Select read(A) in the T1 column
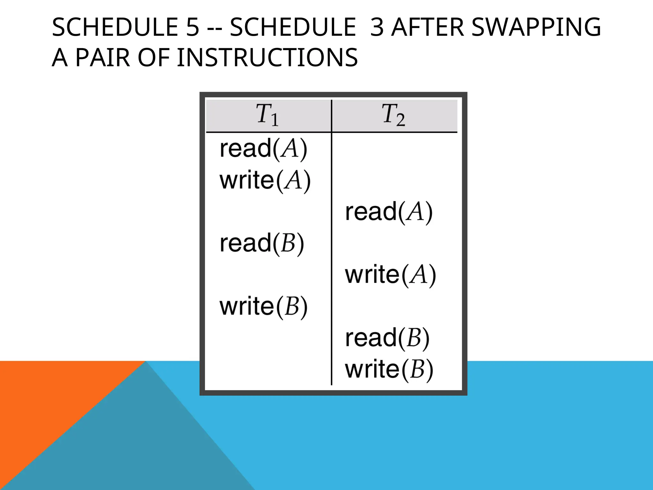click(x=263, y=149)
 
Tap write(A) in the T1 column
click(x=265, y=181)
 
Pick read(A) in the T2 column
click(x=389, y=212)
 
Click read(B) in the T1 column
click(x=262, y=243)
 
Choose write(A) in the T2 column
click(x=390, y=275)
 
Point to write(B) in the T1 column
click(x=263, y=307)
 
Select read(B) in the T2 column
click(x=387, y=338)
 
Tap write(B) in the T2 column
click(x=389, y=369)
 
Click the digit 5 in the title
click(x=193, y=27)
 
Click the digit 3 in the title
click(x=377, y=27)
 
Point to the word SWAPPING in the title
click(x=536, y=27)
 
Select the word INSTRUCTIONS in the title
click(x=267, y=58)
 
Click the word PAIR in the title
click(x=103, y=58)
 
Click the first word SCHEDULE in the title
click(x=115, y=27)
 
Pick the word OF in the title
click(x=153, y=58)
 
